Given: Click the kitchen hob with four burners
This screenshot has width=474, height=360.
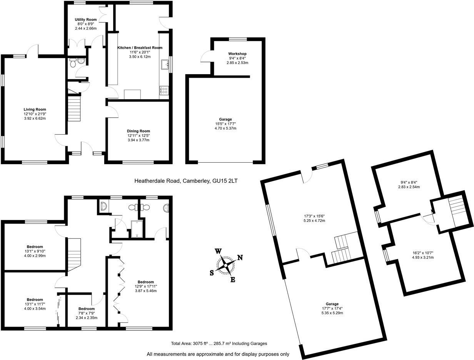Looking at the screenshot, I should tap(164, 91).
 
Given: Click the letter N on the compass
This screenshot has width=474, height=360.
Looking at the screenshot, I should tap(240, 258).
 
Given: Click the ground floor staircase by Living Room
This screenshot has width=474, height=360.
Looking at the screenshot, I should tap(75, 109).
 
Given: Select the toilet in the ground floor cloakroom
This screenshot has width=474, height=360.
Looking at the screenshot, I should tap(80, 62).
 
